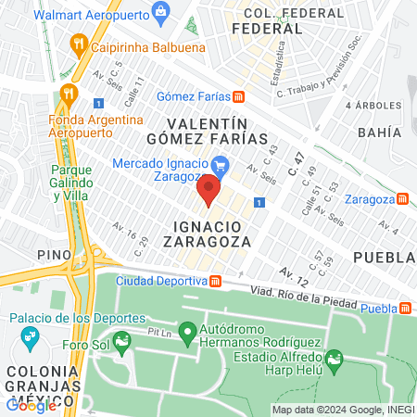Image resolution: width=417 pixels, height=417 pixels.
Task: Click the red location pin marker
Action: coord(208,193)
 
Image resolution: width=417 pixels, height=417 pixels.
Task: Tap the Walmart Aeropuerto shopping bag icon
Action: coord(161,12)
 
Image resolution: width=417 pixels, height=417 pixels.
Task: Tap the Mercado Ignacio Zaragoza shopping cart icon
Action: coord(219,165)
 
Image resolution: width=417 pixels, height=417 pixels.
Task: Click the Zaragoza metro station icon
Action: coord(402,198)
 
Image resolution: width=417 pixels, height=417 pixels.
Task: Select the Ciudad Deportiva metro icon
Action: coord(215,281)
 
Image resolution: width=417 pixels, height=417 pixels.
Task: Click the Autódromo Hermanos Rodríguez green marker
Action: coord(186,331)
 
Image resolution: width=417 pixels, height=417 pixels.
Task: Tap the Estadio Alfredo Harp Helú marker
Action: coord(334,357)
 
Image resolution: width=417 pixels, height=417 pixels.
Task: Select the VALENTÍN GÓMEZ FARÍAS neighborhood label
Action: coord(209,131)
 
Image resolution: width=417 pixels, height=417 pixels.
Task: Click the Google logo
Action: coord(31,404)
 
